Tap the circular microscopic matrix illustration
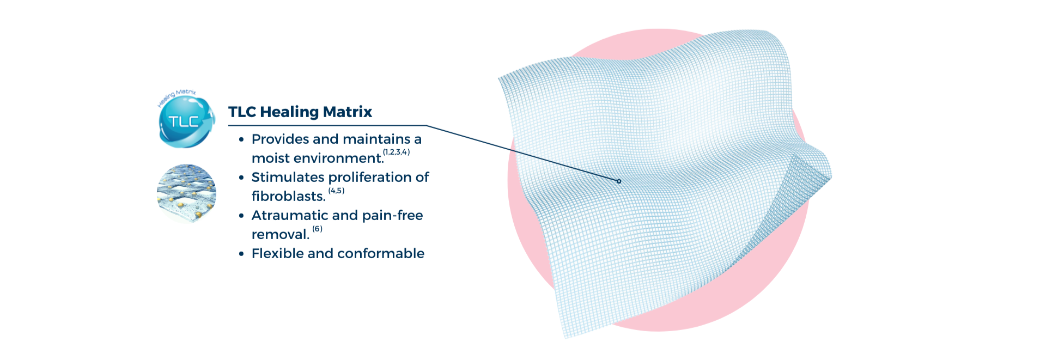pos(186,193)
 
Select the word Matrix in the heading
pos(348,112)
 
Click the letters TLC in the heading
pos(242,112)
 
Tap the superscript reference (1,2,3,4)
pos(396,152)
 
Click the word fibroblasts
pos(289,196)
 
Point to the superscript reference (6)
pos(317,229)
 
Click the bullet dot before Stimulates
pos(241,178)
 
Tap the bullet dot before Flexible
pos(241,254)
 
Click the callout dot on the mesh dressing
pos(619,181)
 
